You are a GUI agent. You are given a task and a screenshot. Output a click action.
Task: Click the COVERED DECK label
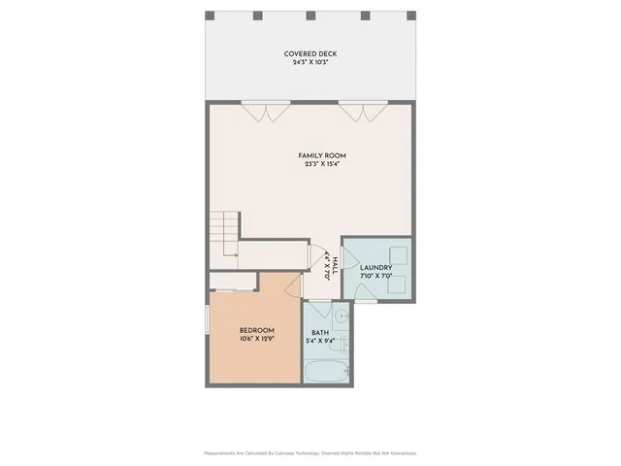[310, 53]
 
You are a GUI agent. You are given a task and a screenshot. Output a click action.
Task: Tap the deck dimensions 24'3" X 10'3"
[310, 63]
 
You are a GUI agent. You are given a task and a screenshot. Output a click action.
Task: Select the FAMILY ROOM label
[321, 155]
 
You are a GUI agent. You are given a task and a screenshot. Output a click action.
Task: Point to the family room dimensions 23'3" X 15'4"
[321, 164]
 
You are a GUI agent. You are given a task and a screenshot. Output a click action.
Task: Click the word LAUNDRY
[376, 268]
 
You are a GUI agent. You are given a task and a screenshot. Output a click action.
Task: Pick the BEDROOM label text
[257, 330]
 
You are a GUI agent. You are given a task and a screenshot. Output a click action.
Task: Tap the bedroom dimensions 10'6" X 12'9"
[257, 340]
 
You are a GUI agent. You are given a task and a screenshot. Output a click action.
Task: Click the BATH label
[320, 333]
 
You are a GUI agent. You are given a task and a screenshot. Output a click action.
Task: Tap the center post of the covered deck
[310, 17]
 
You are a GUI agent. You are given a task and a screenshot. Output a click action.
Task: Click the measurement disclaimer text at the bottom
[310, 453]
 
